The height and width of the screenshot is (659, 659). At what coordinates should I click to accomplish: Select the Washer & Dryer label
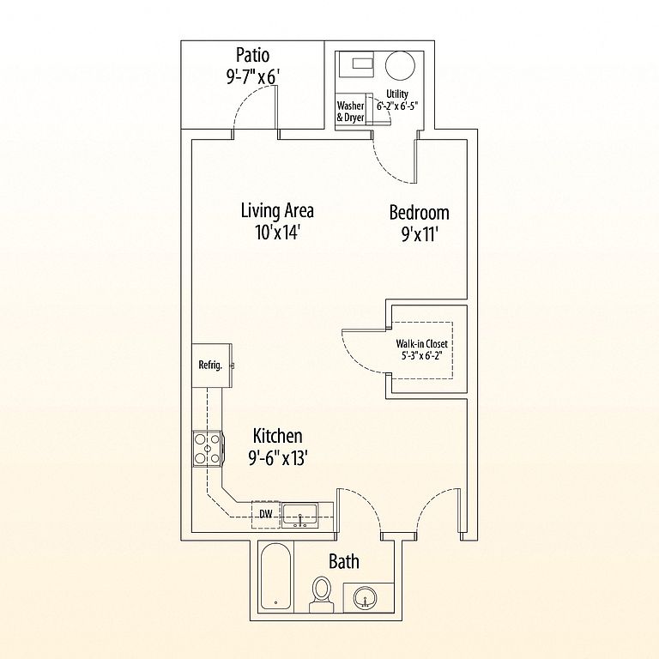pos(350,112)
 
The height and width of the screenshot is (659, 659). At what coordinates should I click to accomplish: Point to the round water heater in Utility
pos(400,67)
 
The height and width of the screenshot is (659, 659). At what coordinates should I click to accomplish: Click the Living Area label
pos(276,210)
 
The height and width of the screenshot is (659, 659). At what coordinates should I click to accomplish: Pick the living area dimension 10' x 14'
pos(276,233)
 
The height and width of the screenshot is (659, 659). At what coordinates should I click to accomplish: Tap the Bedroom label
pos(419,213)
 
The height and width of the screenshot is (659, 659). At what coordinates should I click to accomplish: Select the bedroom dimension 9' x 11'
pos(419,234)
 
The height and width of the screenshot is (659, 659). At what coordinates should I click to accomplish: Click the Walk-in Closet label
pos(420,344)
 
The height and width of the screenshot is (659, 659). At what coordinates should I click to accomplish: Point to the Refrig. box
pos(211,365)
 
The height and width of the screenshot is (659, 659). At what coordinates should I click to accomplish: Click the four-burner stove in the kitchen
pos(207,447)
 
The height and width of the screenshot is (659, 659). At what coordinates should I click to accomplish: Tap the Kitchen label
pos(276,437)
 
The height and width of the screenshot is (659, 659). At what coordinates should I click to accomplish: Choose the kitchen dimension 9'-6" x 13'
pos(276,458)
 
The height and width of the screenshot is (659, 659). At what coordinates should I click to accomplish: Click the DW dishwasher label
pos(266,514)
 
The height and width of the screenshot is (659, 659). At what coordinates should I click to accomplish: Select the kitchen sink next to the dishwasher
pos(300,515)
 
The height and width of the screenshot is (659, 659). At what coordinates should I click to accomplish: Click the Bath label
pos(343,562)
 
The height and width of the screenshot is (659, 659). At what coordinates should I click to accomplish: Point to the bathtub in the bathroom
pos(275,579)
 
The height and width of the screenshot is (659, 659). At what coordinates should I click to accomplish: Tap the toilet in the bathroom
pos(322,593)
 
